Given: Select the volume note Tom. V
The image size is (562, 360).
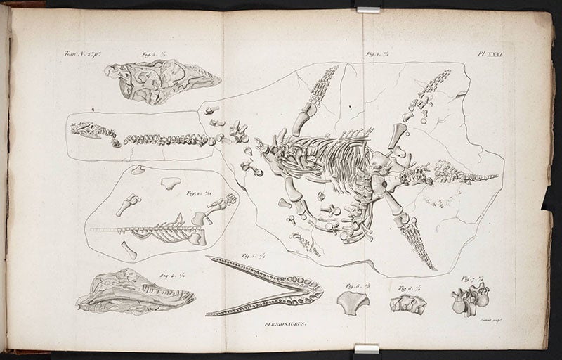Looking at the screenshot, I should tap(77, 53).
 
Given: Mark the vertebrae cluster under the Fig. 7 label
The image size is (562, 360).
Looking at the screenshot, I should tap(469, 302).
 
